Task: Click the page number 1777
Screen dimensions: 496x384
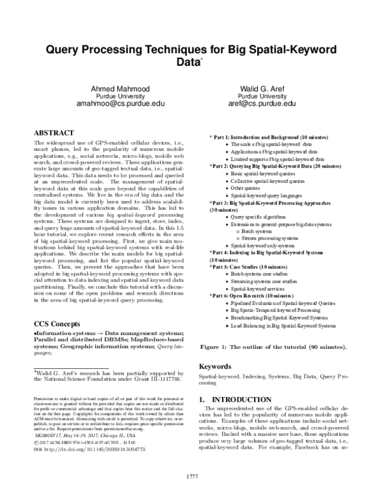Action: (192, 476)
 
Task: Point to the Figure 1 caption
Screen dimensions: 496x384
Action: (274, 347)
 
